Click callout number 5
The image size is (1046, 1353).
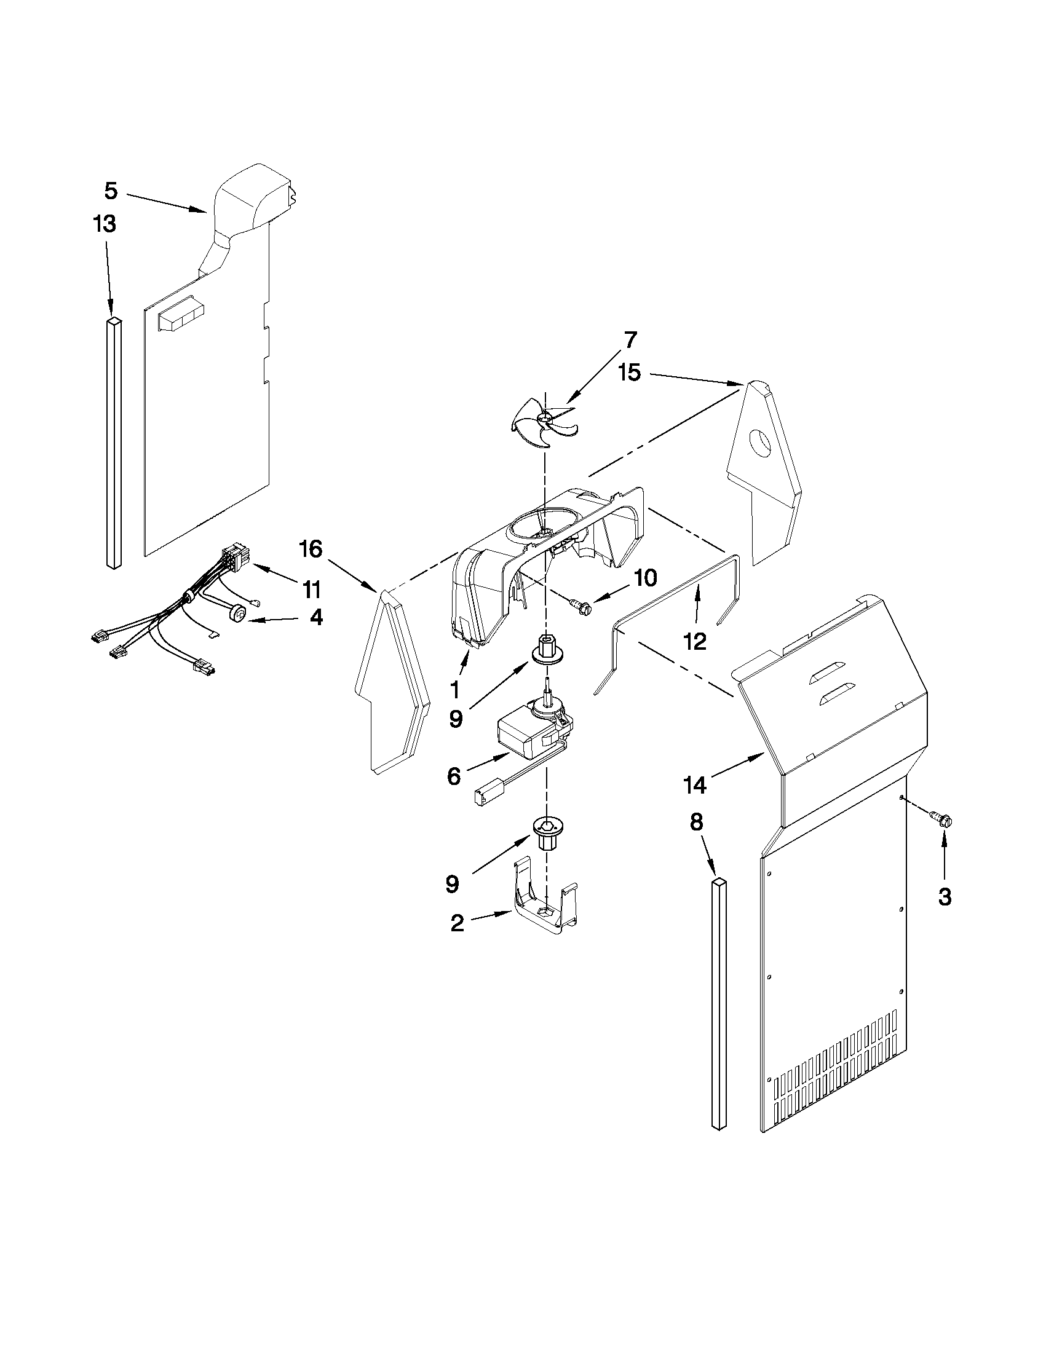point(110,191)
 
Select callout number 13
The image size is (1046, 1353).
point(105,224)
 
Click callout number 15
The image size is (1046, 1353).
point(629,374)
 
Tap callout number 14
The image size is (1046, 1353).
point(695,786)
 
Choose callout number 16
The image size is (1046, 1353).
point(311,549)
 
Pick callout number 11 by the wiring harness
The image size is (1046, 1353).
point(312,589)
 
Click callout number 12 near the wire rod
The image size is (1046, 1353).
point(695,642)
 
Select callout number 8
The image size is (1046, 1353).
point(697,822)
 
